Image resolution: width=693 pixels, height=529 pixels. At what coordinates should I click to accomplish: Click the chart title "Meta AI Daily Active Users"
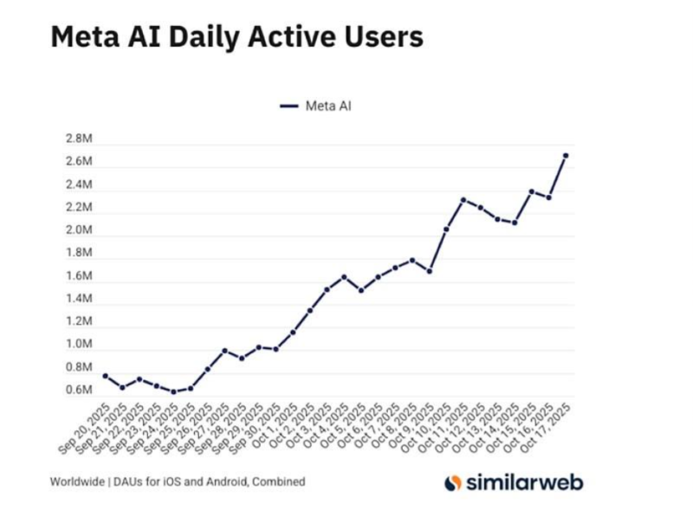[236, 37]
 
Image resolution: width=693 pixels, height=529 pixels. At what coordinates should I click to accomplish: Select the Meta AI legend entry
[316, 106]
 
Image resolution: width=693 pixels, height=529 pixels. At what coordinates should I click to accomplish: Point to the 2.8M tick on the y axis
[78, 139]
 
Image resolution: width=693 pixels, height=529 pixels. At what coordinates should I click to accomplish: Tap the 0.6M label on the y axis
[78, 390]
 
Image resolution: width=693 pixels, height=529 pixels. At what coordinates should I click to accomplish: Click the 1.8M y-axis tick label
[78, 253]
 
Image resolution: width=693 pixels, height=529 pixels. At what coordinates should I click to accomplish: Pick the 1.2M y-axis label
[78, 321]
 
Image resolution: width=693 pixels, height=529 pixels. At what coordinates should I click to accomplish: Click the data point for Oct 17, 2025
[566, 156]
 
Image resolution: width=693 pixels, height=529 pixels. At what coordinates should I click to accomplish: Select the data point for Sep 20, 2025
[105, 376]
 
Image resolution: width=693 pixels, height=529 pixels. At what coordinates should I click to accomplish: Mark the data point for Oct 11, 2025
[463, 200]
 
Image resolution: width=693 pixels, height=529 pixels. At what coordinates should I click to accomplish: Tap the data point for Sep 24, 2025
[173, 392]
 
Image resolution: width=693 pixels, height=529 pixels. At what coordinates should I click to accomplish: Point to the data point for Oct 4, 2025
[344, 277]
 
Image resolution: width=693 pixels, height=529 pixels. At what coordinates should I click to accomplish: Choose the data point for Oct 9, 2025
[429, 271]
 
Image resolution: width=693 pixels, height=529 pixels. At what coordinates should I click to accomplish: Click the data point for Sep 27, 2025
[224, 351]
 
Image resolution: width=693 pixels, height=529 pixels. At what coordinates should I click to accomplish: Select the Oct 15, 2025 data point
[532, 191]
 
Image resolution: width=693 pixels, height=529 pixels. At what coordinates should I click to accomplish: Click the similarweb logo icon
[452, 483]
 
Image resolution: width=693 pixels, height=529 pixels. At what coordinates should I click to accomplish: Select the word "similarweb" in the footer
[521, 482]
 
